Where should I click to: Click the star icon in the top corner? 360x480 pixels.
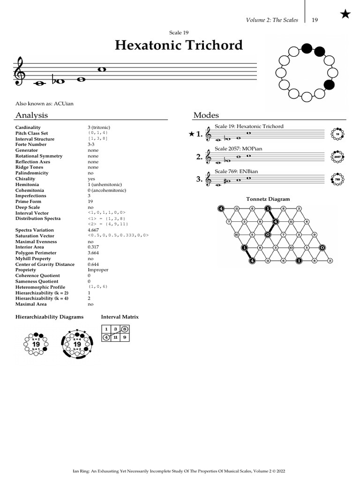pos(345,15)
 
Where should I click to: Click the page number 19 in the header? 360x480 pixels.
pos(315,20)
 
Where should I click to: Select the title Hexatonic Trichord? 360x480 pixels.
pos(179,45)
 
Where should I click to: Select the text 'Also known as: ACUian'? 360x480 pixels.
pos(45,103)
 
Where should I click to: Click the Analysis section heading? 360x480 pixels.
pos(31,115)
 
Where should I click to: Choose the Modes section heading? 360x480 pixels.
pos(206,115)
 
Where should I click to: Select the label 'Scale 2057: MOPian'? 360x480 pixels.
pos(238,149)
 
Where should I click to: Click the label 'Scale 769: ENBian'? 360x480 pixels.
pos(236,171)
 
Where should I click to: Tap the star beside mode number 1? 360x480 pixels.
pos(191,135)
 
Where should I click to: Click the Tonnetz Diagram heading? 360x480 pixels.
pos(268,199)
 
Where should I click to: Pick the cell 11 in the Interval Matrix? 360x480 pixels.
pos(115,337)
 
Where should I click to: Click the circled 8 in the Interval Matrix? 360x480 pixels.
pos(124,329)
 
